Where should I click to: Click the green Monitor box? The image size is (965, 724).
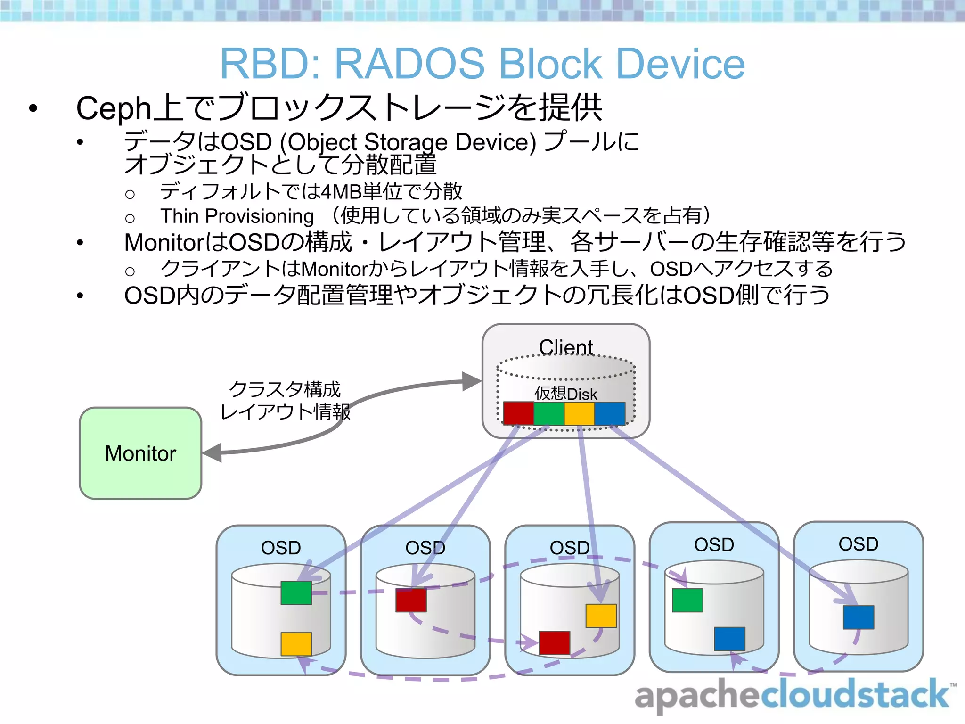coord(140,453)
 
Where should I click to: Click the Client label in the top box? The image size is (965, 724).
coord(565,347)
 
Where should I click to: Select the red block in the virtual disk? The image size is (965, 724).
coord(518,413)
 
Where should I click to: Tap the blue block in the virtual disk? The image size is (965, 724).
coord(610,413)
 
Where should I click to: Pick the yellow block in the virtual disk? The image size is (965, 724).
coord(579,413)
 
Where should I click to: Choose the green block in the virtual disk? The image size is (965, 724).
coord(549,413)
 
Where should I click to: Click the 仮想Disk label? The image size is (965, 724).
coord(565,394)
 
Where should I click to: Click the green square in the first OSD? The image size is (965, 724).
coord(296,592)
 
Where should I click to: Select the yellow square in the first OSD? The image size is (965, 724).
coord(296,644)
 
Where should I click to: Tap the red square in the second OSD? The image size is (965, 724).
coord(411,600)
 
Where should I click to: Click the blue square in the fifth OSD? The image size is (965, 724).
coord(858,617)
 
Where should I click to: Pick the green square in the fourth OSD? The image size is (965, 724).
coord(687,600)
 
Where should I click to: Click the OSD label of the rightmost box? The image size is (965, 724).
coord(858,544)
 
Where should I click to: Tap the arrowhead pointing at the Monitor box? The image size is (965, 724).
coord(213,453)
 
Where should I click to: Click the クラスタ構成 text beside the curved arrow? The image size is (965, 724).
coord(285,389)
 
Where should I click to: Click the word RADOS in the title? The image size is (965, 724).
coord(409,64)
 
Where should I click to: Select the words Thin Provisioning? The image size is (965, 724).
coord(237,216)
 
